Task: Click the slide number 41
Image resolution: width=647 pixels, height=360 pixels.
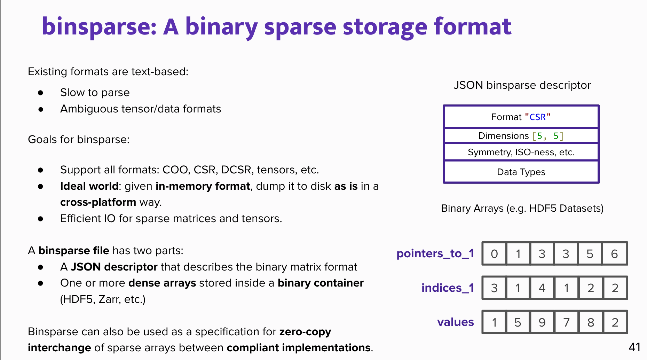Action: (634, 347)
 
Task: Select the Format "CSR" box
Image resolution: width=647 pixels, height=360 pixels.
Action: (521, 117)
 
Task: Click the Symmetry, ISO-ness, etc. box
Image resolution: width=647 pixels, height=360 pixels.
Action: (521, 152)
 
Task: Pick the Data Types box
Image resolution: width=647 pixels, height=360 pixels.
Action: (521, 172)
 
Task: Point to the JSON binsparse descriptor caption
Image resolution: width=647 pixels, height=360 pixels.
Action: (522, 85)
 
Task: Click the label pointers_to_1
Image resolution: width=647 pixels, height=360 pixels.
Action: (435, 253)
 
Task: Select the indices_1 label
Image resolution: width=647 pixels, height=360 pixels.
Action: (448, 288)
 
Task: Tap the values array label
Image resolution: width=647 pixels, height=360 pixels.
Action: (455, 322)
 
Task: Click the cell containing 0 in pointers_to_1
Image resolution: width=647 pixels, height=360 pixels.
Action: (494, 254)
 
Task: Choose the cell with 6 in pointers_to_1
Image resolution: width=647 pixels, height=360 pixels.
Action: (614, 254)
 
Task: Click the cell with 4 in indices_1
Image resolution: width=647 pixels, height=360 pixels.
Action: (542, 288)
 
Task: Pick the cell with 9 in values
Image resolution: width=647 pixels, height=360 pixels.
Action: (542, 322)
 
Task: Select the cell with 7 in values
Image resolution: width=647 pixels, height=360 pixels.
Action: (566, 322)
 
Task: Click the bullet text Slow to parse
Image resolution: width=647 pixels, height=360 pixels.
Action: (95, 93)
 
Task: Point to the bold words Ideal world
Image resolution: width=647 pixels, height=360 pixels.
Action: (89, 186)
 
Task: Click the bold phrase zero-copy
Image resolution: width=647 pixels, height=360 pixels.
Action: (305, 332)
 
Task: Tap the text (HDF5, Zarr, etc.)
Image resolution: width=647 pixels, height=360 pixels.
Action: (103, 299)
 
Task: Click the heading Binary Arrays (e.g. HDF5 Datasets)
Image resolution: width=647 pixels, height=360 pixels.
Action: (522, 209)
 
